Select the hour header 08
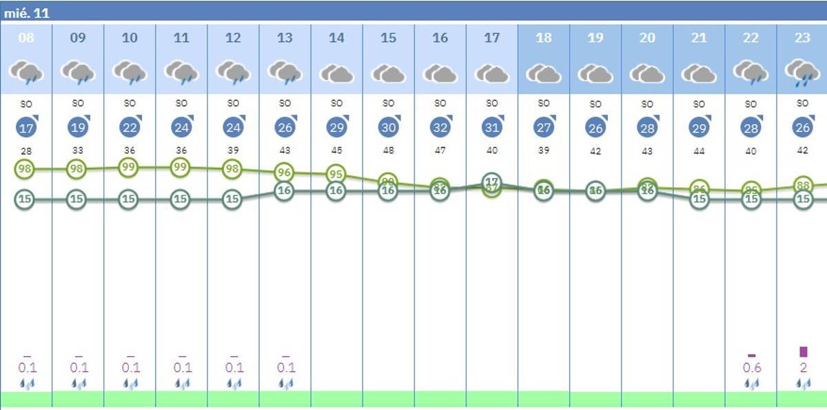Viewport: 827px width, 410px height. (26, 38)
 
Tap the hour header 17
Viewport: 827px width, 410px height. (491, 38)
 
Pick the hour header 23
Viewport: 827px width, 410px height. (802, 38)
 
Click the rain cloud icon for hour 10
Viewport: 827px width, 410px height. (130, 72)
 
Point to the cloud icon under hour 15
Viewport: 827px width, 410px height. (389, 73)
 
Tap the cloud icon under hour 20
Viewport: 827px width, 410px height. (647, 73)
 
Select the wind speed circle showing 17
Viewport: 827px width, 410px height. (26, 128)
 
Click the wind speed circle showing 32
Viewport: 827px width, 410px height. (440, 128)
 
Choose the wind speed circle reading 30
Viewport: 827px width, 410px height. (389, 128)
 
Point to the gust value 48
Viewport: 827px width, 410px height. (389, 150)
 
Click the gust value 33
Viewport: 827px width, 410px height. (78, 150)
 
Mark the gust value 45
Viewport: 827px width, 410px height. (336, 150)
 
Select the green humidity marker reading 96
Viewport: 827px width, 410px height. (285, 173)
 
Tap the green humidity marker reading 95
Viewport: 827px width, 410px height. (336, 175)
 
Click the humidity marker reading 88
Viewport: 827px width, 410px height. (802, 185)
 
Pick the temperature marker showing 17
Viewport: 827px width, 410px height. (491, 182)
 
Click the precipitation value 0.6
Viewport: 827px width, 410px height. (751, 368)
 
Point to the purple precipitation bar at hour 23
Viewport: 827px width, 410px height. (803, 352)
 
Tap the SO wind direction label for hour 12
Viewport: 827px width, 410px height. (233, 104)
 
